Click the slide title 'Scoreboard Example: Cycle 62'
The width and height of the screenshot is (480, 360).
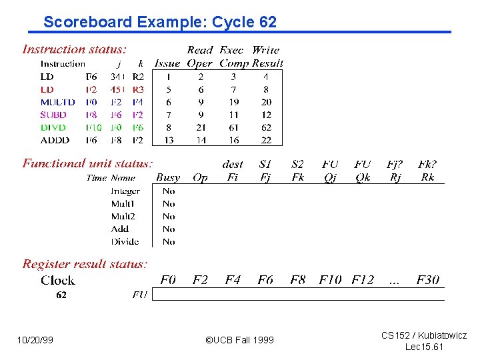tap(160, 22)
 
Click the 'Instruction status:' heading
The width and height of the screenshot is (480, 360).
tap(75, 49)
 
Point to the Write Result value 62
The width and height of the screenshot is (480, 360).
tap(266, 127)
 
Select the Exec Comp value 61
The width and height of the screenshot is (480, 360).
tap(233, 127)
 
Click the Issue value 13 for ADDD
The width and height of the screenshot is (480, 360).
tap(169, 140)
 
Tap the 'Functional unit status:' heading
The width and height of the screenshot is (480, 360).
tap(87, 163)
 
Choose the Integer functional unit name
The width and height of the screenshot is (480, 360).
tap(125, 191)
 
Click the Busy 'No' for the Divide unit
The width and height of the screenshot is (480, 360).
tap(169, 241)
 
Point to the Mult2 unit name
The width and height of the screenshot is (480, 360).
tap(123, 216)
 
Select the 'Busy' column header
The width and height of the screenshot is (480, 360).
tap(168, 177)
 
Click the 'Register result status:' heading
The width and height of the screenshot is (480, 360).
tap(85, 264)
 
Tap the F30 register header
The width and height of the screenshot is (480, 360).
tap(427, 280)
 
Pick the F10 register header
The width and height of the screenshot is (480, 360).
tap(330, 280)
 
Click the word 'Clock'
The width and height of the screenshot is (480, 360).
tap(58, 280)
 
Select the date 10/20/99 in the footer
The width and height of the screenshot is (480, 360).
tap(35, 340)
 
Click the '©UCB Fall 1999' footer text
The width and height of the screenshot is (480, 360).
tap(239, 340)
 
